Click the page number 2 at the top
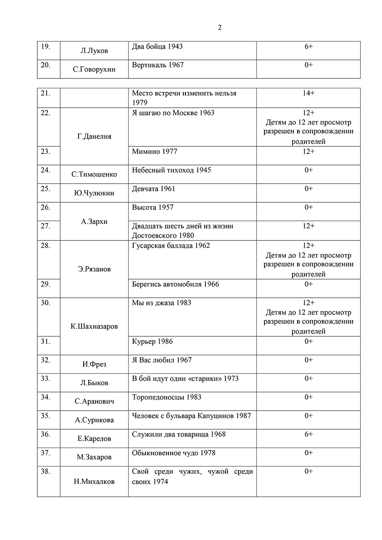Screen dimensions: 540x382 pyautogui.click(x=219, y=28)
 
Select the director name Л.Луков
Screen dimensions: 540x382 pyautogui.click(x=94, y=51)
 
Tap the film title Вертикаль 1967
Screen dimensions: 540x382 pyautogui.click(x=158, y=65)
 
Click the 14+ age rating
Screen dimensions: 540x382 pyautogui.click(x=308, y=93)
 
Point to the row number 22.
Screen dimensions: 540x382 pyautogui.click(x=45, y=113)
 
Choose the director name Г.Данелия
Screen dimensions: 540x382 pyautogui.click(x=94, y=137)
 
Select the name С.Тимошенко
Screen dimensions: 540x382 pyautogui.click(x=94, y=174)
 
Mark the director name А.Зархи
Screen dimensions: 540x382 pyautogui.click(x=94, y=221)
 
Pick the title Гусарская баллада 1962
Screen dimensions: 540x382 pyautogui.click(x=171, y=246)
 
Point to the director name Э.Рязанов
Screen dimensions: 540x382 pyautogui.click(x=94, y=269)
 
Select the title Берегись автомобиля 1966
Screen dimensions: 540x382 pyautogui.click(x=175, y=284)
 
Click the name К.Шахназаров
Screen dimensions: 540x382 pyautogui.click(x=94, y=327)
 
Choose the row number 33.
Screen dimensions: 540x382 pyautogui.click(x=45, y=378)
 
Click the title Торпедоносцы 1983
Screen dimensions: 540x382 pyautogui.click(x=166, y=397)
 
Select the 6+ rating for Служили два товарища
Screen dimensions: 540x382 pyautogui.click(x=308, y=434)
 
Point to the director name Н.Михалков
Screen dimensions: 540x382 pyautogui.click(x=94, y=481)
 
